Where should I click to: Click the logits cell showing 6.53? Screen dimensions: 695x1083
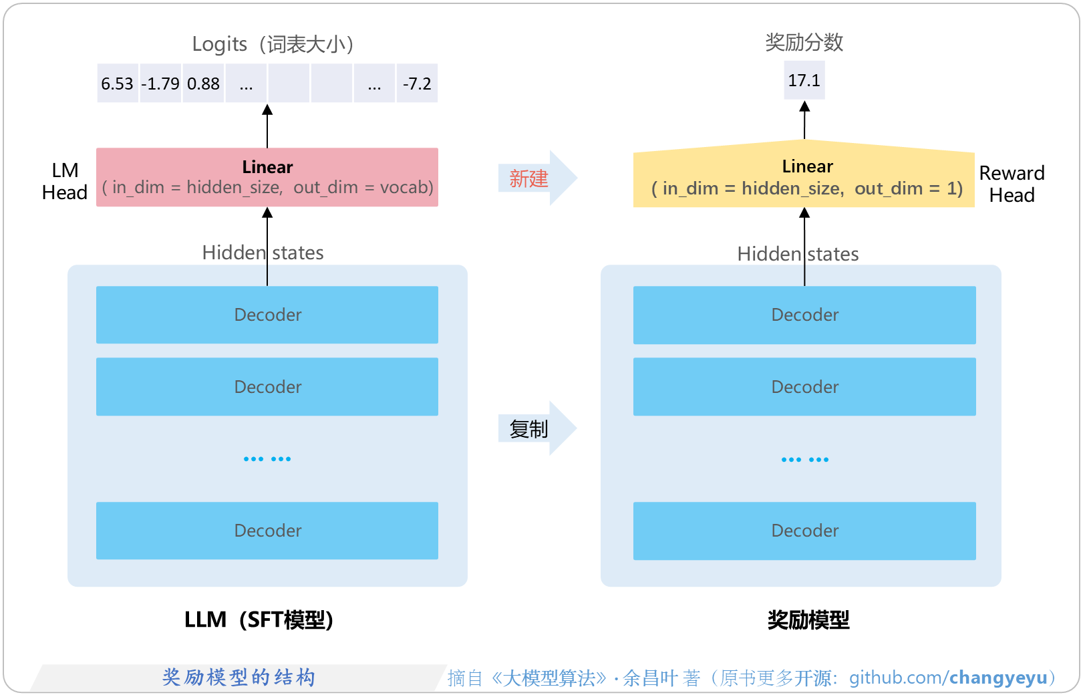pos(118,84)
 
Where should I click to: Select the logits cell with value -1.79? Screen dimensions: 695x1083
pos(160,84)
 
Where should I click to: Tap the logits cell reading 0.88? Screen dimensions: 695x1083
pos(203,84)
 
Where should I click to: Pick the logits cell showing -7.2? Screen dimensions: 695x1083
pos(417,84)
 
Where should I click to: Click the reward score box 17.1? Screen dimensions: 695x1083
pos(804,80)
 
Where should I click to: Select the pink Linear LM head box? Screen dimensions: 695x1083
pos(267,177)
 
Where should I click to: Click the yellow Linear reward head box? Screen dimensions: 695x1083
pos(804,177)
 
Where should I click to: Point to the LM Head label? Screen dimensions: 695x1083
pos(64,181)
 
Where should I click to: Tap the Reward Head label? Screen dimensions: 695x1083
pos(1012,184)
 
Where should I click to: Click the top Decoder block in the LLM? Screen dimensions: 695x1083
pos(267,315)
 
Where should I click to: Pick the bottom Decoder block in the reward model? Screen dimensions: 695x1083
pos(804,531)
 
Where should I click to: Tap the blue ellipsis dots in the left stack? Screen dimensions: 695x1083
pos(267,459)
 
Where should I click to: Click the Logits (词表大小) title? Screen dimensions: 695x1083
pos(273,44)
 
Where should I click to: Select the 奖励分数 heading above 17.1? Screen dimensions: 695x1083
pos(804,42)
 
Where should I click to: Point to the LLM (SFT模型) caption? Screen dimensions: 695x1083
pos(259,619)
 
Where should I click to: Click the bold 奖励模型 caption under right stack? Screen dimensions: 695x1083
pos(808,619)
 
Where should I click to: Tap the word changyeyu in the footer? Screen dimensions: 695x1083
pos(998,678)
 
